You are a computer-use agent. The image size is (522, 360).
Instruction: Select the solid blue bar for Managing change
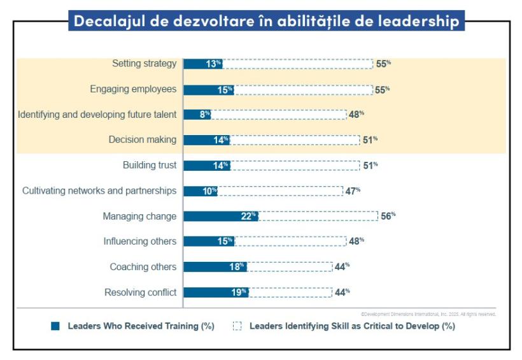(x=220, y=216)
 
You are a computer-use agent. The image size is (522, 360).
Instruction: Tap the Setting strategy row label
(x=144, y=64)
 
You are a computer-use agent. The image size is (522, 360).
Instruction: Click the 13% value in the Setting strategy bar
(x=213, y=64)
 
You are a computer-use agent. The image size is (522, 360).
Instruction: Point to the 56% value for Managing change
(x=388, y=216)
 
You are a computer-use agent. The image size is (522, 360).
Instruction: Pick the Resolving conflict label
(x=140, y=292)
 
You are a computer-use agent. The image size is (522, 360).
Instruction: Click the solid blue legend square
(x=55, y=326)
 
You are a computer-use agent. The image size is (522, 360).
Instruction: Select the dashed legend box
(x=237, y=326)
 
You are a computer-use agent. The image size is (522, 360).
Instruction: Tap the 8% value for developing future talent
(x=204, y=115)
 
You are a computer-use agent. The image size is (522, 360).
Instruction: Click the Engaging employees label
(x=133, y=89)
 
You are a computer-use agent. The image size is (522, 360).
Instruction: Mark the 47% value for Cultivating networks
(x=353, y=191)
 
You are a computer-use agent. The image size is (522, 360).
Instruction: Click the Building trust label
(x=150, y=166)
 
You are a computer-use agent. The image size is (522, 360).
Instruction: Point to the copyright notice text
(x=428, y=314)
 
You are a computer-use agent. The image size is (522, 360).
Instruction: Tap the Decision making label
(x=143, y=140)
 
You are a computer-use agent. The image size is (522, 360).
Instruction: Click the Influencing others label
(x=140, y=241)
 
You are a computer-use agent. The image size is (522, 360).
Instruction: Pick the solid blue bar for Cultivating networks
(x=201, y=191)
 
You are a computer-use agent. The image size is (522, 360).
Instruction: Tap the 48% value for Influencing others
(x=356, y=241)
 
